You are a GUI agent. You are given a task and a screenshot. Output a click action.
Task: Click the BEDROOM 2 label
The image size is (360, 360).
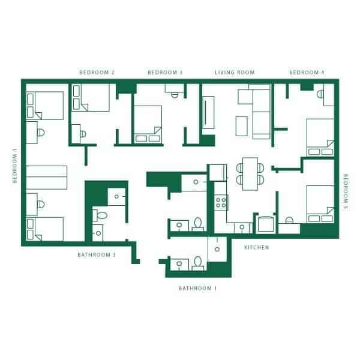point(97,73)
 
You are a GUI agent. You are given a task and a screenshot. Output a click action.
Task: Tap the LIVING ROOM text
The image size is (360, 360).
point(235,73)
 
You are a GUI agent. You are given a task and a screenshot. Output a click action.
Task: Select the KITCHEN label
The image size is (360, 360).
point(256,247)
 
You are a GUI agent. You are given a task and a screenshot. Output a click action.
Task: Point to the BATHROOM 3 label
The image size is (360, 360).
point(96,254)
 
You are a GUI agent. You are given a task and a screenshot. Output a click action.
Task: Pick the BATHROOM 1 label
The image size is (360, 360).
point(197,288)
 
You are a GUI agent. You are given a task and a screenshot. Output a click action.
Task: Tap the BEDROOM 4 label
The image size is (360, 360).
point(307,73)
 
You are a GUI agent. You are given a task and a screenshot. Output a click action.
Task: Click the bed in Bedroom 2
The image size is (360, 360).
point(92,97)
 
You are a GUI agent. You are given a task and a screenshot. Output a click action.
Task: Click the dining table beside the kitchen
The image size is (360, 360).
point(250,172)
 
